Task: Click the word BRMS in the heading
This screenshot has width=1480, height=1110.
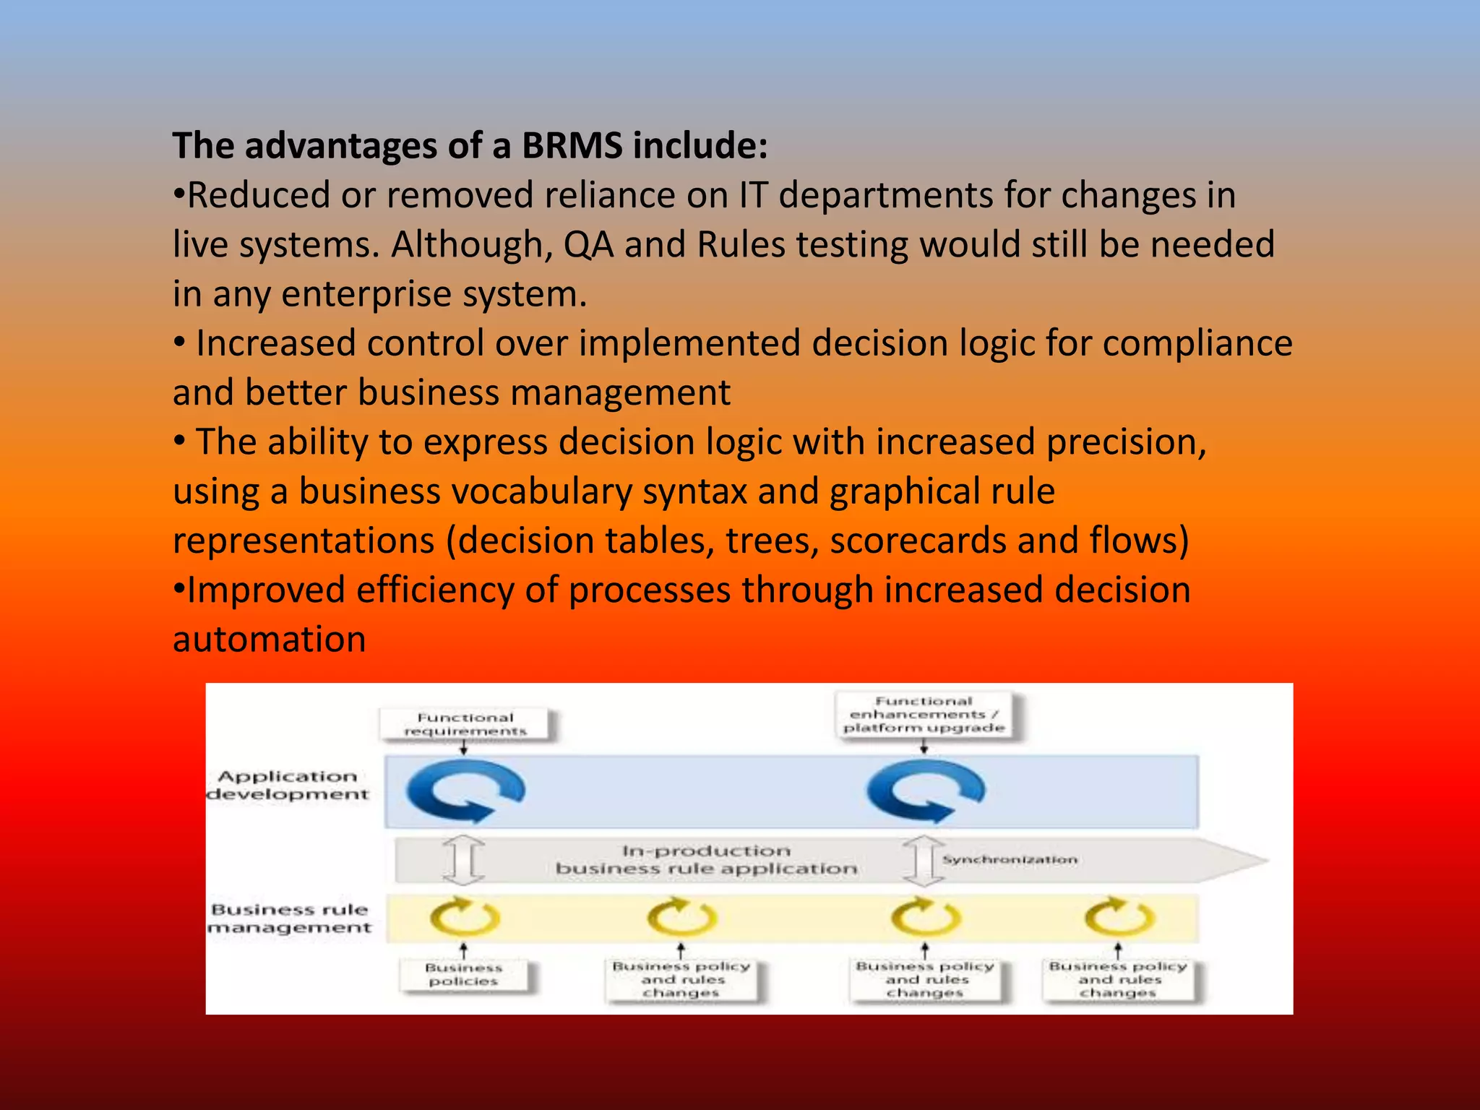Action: click(x=572, y=146)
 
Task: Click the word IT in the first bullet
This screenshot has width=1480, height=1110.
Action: click(x=752, y=195)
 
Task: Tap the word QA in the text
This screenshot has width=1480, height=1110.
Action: click(x=588, y=244)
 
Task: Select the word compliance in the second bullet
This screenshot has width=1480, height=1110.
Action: click(x=1197, y=343)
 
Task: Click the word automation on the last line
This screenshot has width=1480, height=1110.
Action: click(x=270, y=640)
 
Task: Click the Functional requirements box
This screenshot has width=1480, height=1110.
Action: click(x=465, y=724)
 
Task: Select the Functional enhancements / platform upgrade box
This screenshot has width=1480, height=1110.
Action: click(x=924, y=714)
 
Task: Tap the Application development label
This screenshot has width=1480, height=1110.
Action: click(x=288, y=786)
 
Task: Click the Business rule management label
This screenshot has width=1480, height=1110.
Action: click(x=290, y=918)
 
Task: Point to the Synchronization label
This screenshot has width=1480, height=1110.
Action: click(x=1010, y=860)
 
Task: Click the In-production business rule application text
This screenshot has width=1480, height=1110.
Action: click(x=705, y=860)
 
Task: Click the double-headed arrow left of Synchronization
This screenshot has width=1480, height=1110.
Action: click(x=923, y=860)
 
